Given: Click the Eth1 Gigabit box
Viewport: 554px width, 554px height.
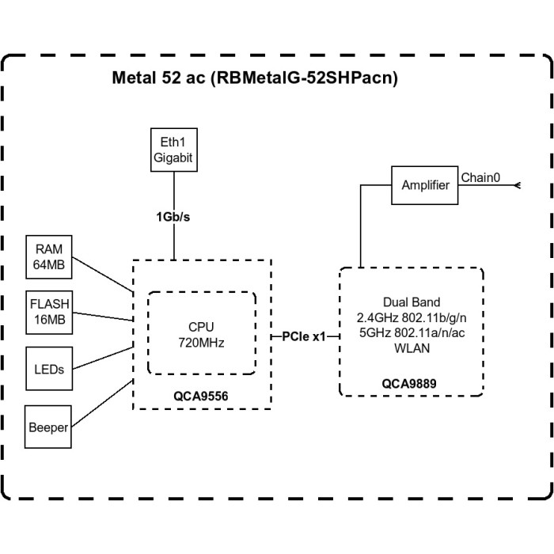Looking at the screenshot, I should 173,150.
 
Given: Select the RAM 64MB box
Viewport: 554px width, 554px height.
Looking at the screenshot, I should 49,256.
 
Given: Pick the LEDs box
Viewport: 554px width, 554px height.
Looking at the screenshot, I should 49,368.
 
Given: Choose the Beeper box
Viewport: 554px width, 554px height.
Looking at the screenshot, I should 49,427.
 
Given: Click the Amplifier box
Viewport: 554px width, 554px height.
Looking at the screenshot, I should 426,185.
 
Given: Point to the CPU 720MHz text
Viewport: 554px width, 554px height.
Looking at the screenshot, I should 200,333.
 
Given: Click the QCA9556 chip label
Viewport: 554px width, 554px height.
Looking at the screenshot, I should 201,394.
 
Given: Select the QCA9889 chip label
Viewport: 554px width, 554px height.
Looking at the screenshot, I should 412,383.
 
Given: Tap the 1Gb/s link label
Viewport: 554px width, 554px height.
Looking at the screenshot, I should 173,215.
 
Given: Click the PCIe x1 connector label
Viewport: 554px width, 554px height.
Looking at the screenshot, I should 304,336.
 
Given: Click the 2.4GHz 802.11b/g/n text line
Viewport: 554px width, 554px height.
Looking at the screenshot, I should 411,317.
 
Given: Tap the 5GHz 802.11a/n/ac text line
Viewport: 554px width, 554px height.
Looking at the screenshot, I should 411,332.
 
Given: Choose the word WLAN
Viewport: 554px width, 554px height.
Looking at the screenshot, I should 411,347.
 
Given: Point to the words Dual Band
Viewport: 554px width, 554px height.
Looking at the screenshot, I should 411,302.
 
